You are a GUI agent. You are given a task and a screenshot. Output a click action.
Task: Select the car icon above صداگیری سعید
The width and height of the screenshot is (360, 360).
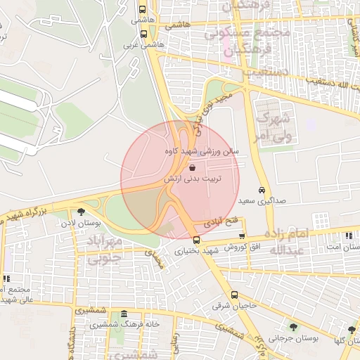(x=262, y=191)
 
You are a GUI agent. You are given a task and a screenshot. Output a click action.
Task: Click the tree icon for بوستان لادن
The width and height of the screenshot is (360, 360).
(x=82, y=211)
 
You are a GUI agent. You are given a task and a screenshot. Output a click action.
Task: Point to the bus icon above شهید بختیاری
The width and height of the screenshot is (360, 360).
(x=196, y=240)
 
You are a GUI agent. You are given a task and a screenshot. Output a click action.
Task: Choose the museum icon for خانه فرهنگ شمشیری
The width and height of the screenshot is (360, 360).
(x=124, y=314)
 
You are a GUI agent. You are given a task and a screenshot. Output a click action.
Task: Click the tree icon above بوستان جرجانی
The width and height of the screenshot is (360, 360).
(x=292, y=327)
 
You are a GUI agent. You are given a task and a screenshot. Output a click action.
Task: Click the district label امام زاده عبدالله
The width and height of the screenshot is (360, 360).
(x=287, y=241)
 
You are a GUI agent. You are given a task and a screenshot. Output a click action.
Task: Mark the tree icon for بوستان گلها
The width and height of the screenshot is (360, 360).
(x=352, y=330)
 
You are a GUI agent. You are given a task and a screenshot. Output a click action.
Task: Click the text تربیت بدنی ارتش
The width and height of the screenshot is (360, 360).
(x=193, y=179)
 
